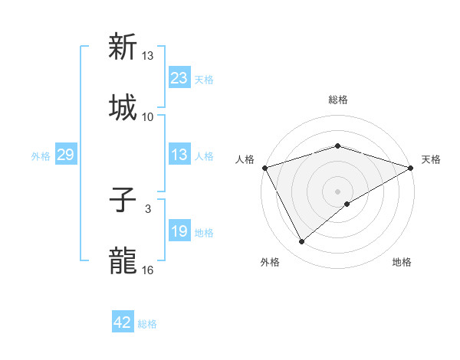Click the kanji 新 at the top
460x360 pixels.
click(123, 47)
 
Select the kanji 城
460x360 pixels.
click(123, 107)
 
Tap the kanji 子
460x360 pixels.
click(123, 201)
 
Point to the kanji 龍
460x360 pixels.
click(123, 260)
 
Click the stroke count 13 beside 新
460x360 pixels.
click(148, 56)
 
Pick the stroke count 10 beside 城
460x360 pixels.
click(148, 116)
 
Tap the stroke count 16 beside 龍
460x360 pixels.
click(148, 270)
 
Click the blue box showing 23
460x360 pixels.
click(179, 77)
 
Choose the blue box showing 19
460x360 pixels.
click(179, 231)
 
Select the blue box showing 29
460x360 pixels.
click(65, 155)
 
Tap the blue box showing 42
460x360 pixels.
click(123, 322)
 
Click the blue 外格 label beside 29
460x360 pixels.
click(41, 155)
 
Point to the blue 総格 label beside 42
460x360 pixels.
click(148, 324)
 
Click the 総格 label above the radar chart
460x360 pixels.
click(337, 100)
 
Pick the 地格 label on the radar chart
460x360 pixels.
click(402, 263)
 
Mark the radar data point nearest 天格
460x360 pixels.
click(411, 169)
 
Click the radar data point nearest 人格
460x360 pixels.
click(264, 168)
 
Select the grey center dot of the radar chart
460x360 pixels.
click(337, 191)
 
